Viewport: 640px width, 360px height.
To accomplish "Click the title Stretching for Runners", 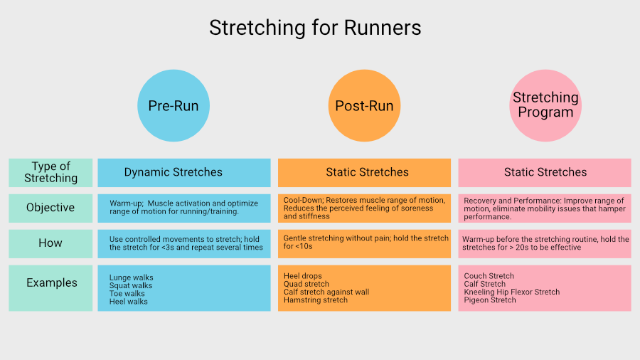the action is pyautogui.click(x=315, y=28).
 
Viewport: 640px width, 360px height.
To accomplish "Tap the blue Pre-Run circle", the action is pyautogui.click(x=174, y=106).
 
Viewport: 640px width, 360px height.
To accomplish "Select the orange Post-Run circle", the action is pyautogui.click(x=365, y=106).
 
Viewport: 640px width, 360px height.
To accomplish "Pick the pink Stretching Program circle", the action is pyautogui.click(x=545, y=106).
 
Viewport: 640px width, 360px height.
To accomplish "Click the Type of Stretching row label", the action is pyautogui.click(x=50, y=173).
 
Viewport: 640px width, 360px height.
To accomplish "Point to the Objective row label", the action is pyautogui.click(x=50, y=208).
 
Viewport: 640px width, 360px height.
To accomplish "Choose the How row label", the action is pyautogui.click(x=50, y=243).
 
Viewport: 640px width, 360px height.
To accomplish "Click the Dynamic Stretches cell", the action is pyautogui.click(x=184, y=173).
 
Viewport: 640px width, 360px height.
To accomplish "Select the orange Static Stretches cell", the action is pyautogui.click(x=365, y=173).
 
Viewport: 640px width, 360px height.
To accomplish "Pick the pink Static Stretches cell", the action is pyautogui.click(x=545, y=173).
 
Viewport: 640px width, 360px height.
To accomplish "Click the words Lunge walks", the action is pyautogui.click(x=131, y=277).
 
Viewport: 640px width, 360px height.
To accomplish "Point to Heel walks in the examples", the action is pyautogui.click(x=128, y=302).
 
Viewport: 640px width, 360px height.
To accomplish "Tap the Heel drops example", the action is pyautogui.click(x=302, y=276).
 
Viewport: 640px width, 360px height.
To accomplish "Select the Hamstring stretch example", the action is pyautogui.click(x=316, y=300).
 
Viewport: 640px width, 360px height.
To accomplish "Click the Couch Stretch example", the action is pyautogui.click(x=489, y=276).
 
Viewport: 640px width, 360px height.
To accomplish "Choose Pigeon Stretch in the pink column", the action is pyautogui.click(x=490, y=300).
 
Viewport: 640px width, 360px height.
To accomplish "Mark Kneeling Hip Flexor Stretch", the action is pyautogui.click(x=512, y=292).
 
